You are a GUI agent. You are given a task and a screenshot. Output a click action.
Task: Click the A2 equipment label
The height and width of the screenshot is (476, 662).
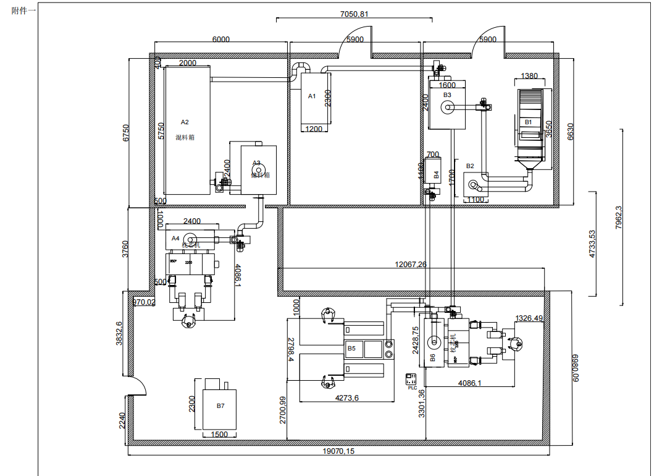point(185,122)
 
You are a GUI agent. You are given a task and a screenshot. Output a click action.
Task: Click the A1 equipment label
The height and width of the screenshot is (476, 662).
point(312,96)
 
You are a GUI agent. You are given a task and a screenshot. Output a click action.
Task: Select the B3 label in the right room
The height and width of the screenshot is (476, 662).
point(447,95)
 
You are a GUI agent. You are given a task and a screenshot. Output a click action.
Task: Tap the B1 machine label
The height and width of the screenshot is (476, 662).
point(528,122)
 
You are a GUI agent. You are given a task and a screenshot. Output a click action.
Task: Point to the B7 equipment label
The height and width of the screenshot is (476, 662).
point(220,406)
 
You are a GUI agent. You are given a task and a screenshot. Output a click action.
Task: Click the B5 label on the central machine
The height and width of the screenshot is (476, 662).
point(351,349)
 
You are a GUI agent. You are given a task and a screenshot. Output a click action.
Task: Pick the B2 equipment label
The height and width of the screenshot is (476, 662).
point(471,166)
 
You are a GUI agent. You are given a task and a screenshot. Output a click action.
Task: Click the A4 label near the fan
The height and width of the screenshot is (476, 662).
point(175,237)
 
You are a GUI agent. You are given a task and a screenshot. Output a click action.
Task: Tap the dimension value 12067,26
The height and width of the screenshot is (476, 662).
point(411,264)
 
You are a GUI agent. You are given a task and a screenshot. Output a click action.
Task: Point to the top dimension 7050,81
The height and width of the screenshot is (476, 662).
point(354,14)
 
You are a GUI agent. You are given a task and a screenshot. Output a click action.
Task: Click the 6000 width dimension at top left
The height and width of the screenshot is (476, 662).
point(220,39)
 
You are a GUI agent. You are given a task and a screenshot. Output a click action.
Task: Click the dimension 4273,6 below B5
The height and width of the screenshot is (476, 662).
point(346,398)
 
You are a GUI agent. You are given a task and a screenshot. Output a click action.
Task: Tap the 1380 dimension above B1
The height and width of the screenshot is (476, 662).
point(529,76)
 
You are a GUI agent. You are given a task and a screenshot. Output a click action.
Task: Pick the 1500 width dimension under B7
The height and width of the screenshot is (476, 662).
point(219,434)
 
